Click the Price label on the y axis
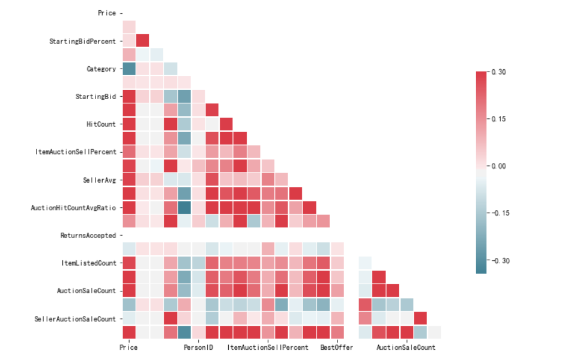(x=107, y=13)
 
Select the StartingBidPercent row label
(x=82, y=41)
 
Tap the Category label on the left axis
(x=101, y=69)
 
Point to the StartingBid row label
(x=96, y=97)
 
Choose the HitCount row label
(x=101, y=124)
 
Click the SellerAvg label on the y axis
(x=99, y=180)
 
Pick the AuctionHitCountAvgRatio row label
(x=73, y=208)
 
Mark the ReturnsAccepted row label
(x=88, y=236)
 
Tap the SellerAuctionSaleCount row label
(x=75, y=319)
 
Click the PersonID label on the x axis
(x=198, y=347)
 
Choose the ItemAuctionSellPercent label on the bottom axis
(x=268, y=347)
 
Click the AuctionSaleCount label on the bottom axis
(x=406, y=347)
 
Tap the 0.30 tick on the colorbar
(x=499, y=72)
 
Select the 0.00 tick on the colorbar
(x=499, y=166)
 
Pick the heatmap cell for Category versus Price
(x=128, y=69)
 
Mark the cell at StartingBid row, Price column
(x=128, y=96)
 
